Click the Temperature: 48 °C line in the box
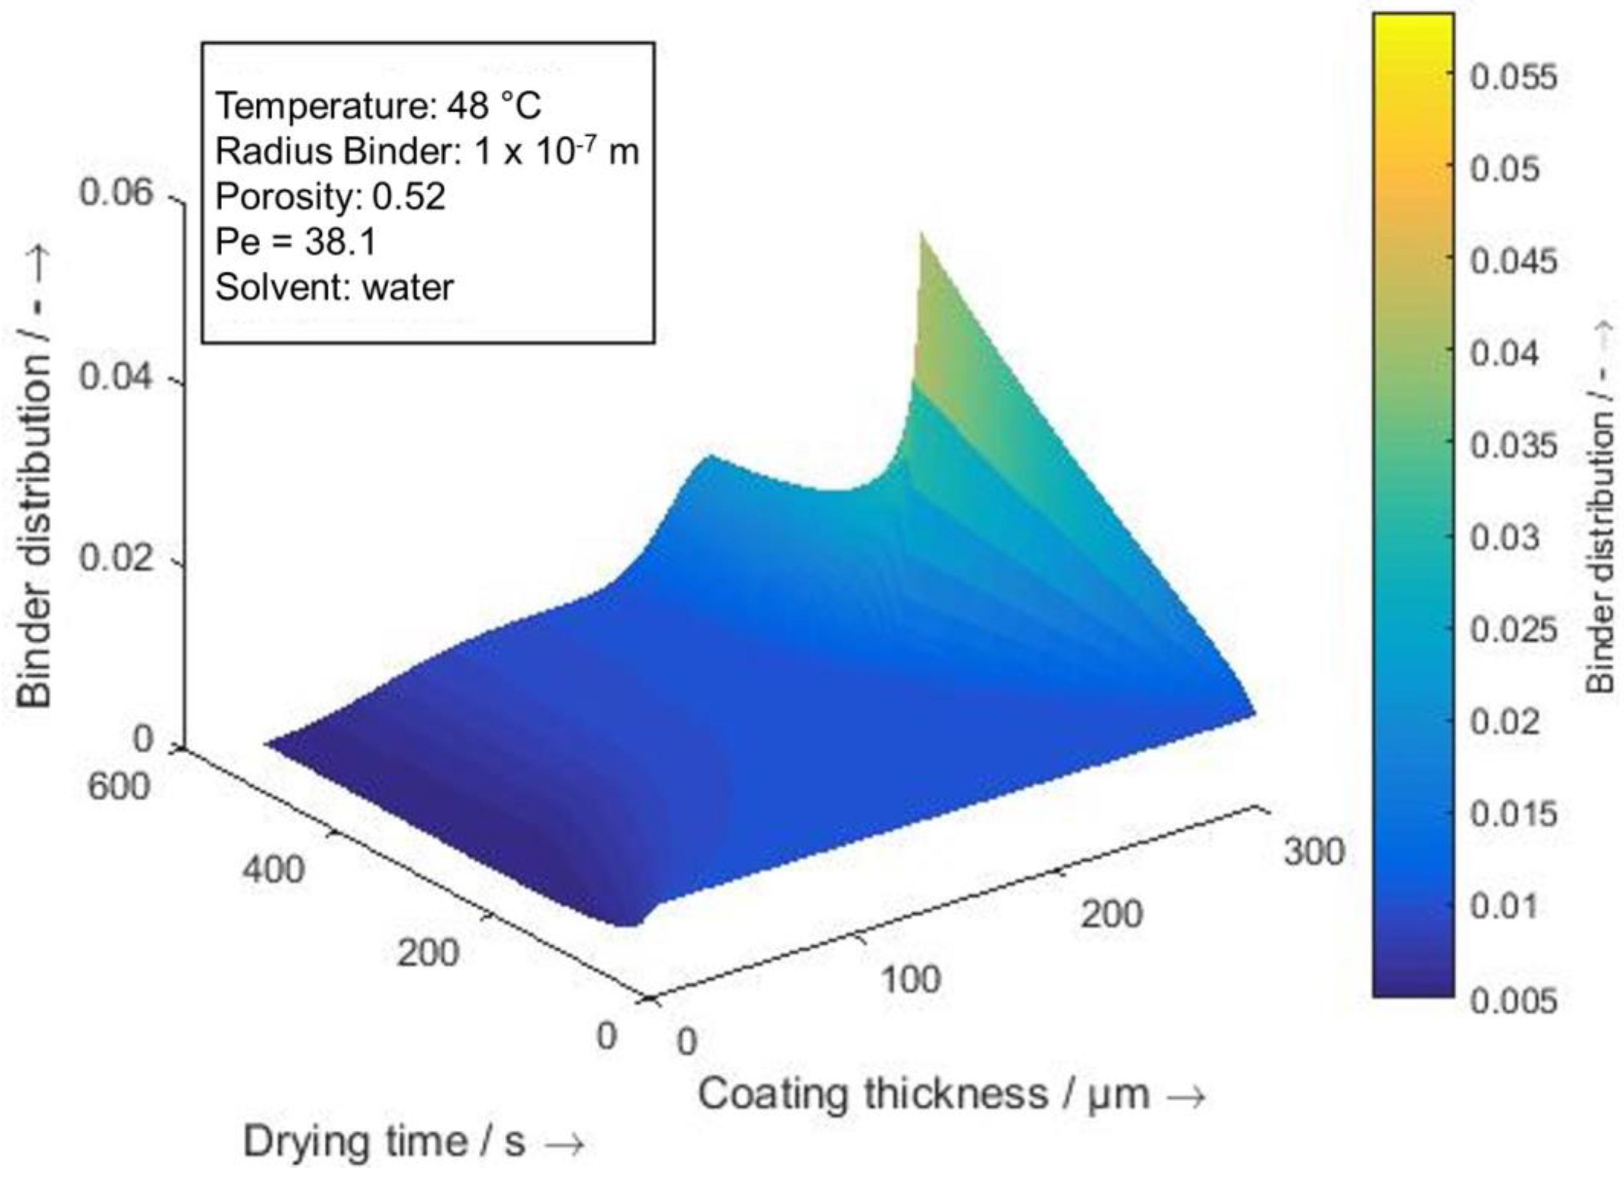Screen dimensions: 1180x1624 (378, 106)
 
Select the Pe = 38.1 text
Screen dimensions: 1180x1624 (296, 241)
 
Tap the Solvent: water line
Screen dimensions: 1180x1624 (334, 287)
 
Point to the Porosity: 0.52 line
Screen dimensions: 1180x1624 (330, 196)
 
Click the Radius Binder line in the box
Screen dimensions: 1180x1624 (427, 151)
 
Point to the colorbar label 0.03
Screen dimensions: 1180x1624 (1505, 537)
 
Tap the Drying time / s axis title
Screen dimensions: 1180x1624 (413, 1141)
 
